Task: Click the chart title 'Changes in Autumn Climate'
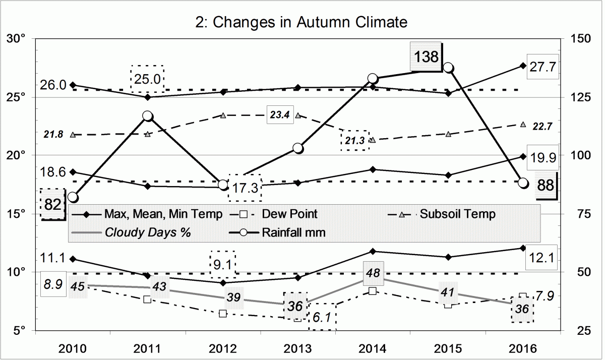click(301, 22)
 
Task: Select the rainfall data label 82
click(52, 204)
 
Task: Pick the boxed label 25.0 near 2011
click(147, 78)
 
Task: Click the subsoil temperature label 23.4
click(279, 115)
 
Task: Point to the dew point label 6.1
click(323, 318)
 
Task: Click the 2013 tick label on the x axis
click(297, 348)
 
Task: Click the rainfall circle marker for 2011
click(148, 116)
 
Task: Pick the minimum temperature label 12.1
click(543, 258)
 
